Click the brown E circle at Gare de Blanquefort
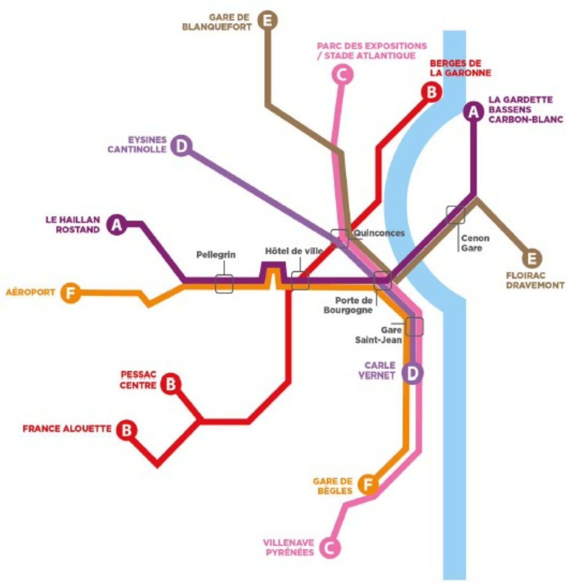268,21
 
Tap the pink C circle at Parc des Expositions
342,75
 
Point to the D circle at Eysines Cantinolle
181,147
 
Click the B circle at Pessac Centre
171,384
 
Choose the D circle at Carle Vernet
412,373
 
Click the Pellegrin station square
224,284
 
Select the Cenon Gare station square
455,215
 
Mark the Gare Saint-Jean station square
414,327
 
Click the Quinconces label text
379,233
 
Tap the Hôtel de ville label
294,251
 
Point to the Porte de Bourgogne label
348,305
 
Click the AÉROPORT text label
30,292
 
